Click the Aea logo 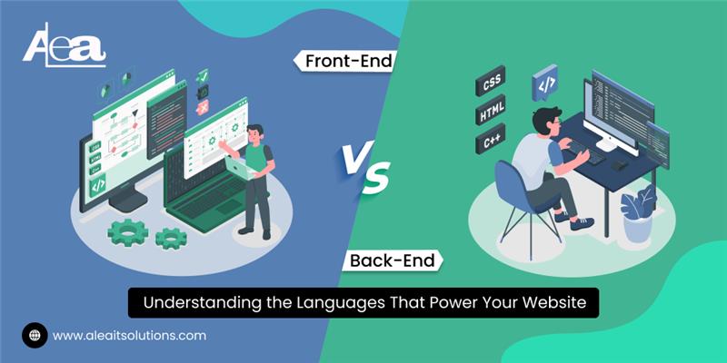pyautogui.click(x=64, y=45)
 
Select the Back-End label pyautogui.click(x=393, y=261)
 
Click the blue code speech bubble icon pyautogui.click(x=546, y=81)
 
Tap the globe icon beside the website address pyautogui.click(x=35, y=335)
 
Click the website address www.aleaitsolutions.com pyautogui.click(x=129, y=335)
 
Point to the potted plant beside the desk pyautogui.click(x=637, y=213)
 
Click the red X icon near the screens pyautogui.click(x=204, y=107)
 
